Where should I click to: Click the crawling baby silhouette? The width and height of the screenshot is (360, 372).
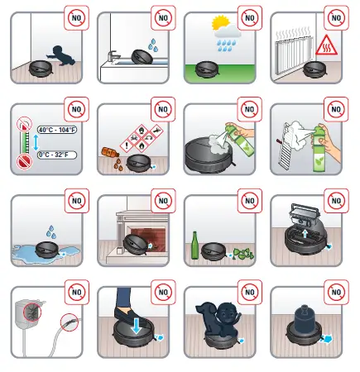coord(58,53)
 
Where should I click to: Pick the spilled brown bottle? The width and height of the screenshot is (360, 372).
coord(110,155)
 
